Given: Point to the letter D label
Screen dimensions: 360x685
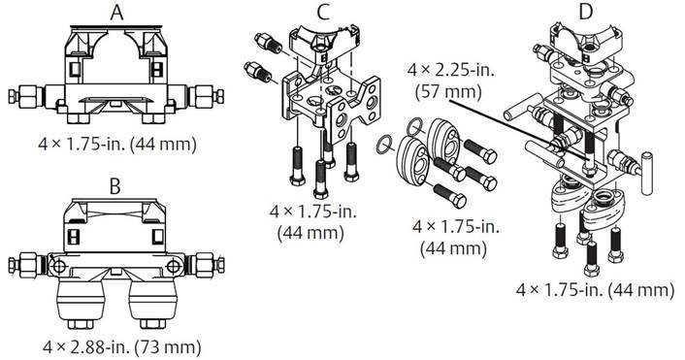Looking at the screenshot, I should tap(584, 13).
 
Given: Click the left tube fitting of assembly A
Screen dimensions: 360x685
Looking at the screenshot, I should tap(23, 97).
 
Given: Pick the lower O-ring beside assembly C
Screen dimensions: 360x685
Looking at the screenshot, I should tap(385, 147).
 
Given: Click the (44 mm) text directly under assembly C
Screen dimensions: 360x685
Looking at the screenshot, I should tap(310, 232).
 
